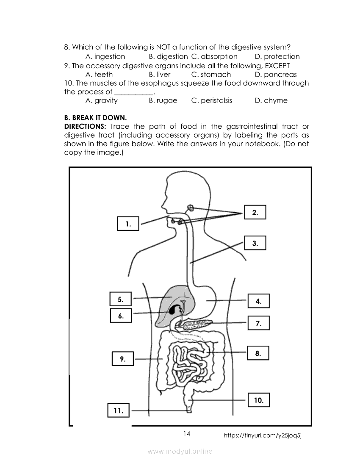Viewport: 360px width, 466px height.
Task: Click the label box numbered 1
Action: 127,223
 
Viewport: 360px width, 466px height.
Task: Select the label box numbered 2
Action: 255,212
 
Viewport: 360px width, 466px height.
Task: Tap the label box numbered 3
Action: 255,243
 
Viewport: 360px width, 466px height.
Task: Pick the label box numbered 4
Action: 258,301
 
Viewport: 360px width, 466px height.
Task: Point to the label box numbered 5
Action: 121,299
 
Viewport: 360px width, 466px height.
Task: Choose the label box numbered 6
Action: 121,315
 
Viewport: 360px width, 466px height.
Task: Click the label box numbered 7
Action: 258,323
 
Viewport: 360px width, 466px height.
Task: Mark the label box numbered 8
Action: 258,352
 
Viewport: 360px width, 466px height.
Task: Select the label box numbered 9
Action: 122,358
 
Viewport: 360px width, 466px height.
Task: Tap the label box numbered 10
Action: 258,399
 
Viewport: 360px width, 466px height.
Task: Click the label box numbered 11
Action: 119,410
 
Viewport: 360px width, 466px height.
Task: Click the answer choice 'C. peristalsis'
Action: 211,100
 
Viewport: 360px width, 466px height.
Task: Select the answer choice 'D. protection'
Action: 277,56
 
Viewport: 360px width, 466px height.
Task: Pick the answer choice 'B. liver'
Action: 160,74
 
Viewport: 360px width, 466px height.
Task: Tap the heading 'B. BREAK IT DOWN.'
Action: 95,117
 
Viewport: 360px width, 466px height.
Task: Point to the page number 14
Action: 187,433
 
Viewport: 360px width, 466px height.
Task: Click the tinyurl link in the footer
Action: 262,435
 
